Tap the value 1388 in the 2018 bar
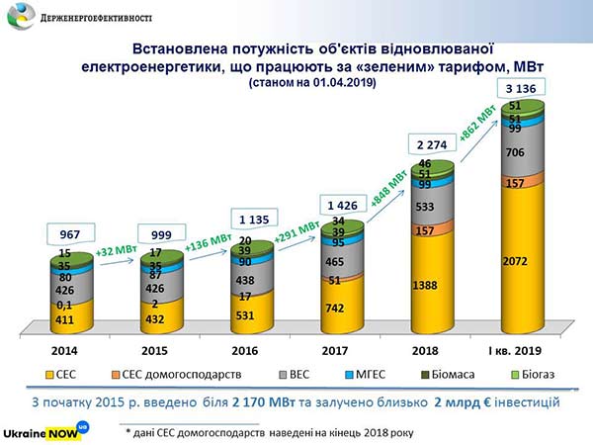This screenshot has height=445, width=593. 422,285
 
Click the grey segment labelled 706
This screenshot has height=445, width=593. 515,152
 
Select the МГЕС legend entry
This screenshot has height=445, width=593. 380,376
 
